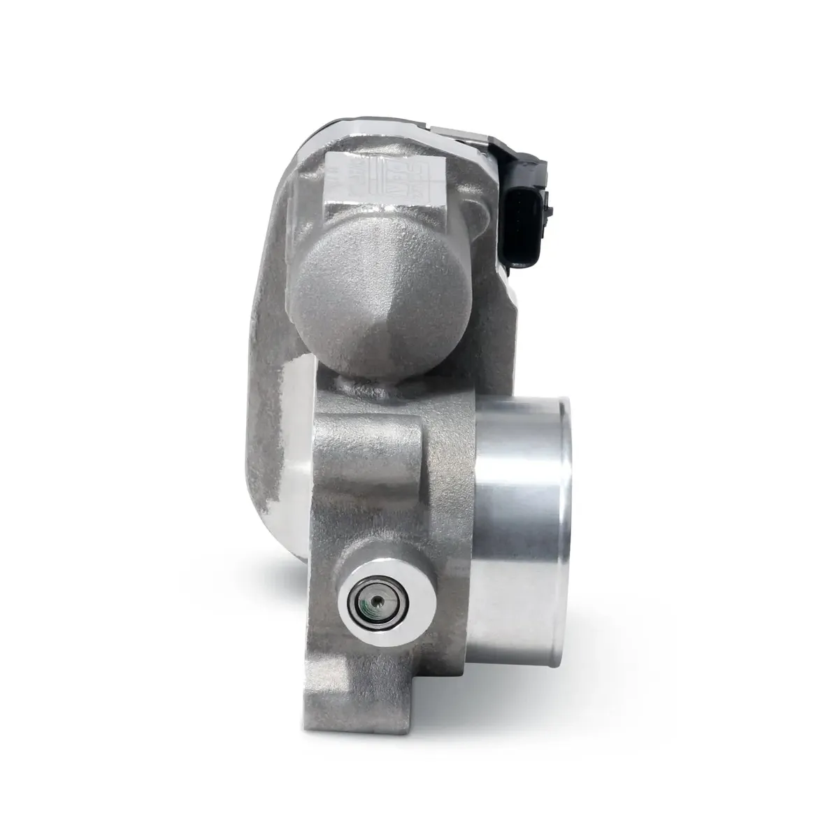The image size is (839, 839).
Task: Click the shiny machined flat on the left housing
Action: click(x=294, y=454)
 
